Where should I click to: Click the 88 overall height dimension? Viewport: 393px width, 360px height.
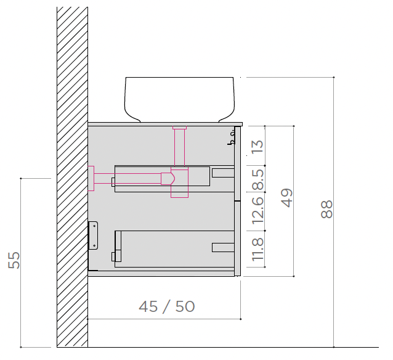click(x=326, y=209)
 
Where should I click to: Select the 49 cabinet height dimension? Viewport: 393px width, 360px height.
click(x=287, y=198)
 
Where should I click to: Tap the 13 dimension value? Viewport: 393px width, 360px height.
click(x=257, y=147)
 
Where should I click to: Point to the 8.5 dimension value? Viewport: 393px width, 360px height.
click(x=258, y=179)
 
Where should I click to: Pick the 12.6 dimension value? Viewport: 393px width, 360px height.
click(x=258, y=211)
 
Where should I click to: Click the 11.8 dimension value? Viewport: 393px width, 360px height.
click(x=258, y=249)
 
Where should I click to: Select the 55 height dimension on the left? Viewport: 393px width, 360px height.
click(x=14, y=260)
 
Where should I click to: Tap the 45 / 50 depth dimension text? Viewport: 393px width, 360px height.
click(x=167, y=306)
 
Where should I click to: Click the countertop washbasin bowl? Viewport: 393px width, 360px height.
click(x=179, y=100)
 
